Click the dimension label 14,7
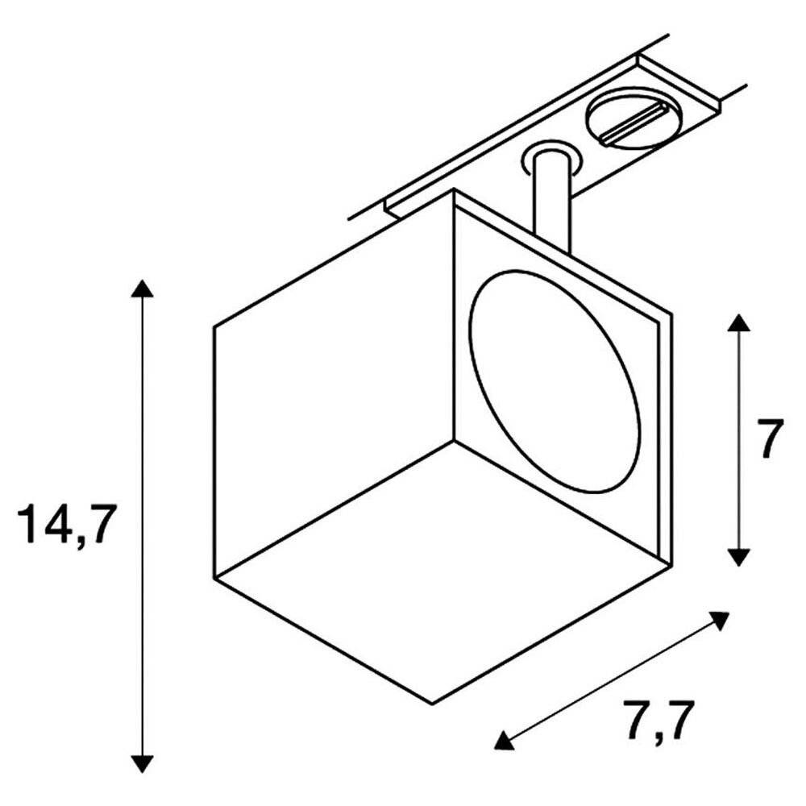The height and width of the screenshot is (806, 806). coord(64,526)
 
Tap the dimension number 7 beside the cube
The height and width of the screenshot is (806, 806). coord(770,438)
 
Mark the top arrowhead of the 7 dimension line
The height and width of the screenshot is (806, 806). coord(738,323)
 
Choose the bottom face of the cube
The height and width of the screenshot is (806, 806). coord(442,571)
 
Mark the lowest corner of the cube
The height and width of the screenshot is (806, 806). coord(433,703)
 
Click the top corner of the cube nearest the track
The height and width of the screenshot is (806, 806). coord(453,189)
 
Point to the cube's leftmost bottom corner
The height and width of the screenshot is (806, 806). coord(214,578)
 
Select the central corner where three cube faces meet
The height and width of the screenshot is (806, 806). coord(454,441)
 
